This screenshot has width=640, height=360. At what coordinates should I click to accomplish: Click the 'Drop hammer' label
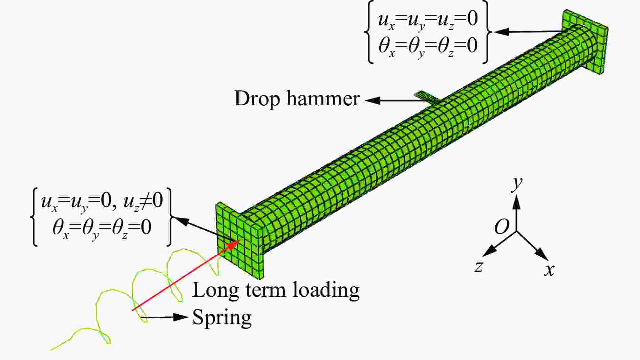297,99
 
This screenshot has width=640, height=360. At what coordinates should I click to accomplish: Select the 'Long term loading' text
276,290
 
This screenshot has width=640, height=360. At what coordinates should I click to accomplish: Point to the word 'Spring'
222,318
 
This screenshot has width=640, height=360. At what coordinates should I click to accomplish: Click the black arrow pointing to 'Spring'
164,317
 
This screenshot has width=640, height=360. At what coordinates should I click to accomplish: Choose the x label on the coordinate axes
549,270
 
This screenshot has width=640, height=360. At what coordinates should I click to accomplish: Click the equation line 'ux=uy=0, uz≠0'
102,202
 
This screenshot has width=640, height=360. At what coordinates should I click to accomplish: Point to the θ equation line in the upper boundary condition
428,47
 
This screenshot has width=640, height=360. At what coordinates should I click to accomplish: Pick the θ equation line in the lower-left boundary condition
102,228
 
